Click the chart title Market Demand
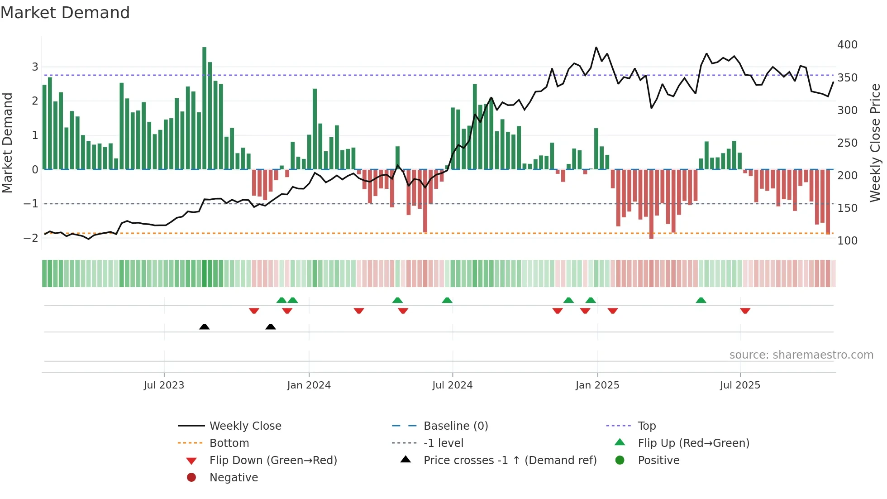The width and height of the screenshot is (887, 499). coord(65,13)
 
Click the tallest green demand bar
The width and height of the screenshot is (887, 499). coord(205,109)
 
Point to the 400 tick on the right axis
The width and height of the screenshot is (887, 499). coord(847,45)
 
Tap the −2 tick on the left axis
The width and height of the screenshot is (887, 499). coord(31,238)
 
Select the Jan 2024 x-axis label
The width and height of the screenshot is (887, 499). coord(309,385)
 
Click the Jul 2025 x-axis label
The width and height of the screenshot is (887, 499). coord(740,385)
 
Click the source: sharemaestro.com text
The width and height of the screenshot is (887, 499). coord(801,355)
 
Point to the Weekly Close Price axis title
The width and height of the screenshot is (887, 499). coord(875,143)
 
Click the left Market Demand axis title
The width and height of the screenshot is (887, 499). coord(8,143)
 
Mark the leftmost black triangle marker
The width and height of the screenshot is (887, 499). coord(204,326)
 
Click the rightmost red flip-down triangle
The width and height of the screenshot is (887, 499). coord(745,311)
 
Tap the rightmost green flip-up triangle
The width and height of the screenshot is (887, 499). coord(701,300)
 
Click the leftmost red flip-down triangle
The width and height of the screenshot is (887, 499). coord(254,311)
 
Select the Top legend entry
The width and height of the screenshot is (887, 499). coord(646,426)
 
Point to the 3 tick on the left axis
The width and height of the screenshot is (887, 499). coord(35,67)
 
